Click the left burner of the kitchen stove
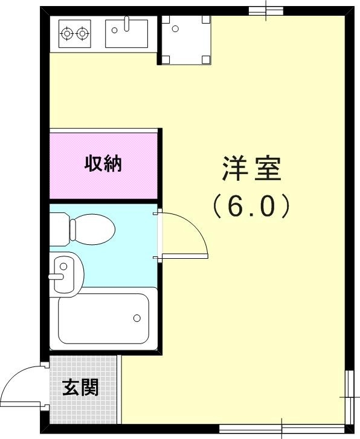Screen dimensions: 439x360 point(67,34)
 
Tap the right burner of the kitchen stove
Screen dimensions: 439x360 point(83,34)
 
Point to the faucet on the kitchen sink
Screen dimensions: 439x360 point(127,24)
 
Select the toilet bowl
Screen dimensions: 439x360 point(92,229)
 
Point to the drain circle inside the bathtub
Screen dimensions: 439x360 point(137,318)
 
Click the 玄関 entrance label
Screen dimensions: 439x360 point(81,388)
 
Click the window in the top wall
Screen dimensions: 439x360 point(266,10)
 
